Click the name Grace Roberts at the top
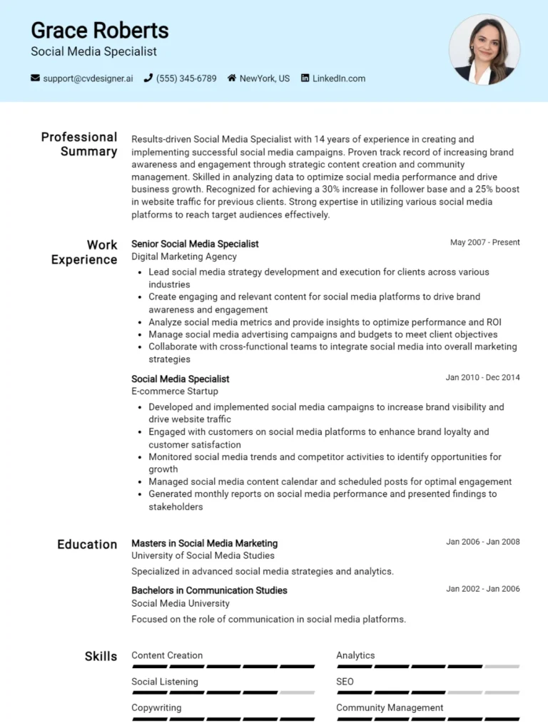(x=100, y=31)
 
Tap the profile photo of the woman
(x=484, y=50)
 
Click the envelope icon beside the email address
(x=35, y=78)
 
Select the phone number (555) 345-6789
(x=186, y=78)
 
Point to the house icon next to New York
(x=231, y=78)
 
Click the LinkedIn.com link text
(x=338, y=78)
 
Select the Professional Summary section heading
(x=79, y=144)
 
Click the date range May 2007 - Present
(x=484, y=242)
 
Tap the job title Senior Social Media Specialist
(x=195, y=244)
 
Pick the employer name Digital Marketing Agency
(x=184, y=257)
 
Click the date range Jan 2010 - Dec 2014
(x=482, y=377)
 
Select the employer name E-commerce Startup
(x=175, y=391)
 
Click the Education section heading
(x=87, y=544)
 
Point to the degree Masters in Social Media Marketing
(x=204, y=543)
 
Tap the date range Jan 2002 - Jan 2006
(x=482, y=589)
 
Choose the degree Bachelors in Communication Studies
(x=209, y=590)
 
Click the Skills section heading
(x=101, y=656)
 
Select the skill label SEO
(x=345, y=682)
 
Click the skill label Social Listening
(x=165, y=682)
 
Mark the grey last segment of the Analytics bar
(x=502, y=667)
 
